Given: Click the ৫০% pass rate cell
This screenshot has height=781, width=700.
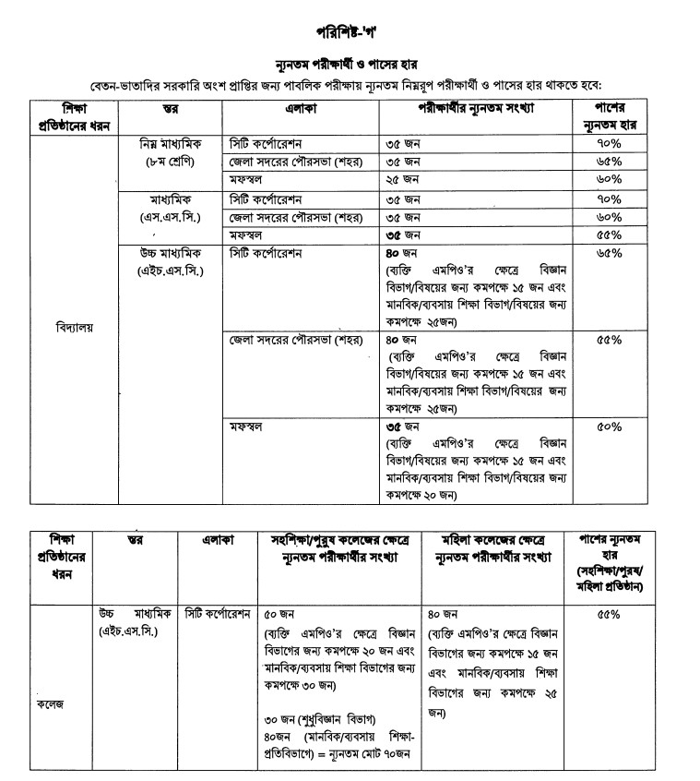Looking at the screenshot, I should coord(610,427).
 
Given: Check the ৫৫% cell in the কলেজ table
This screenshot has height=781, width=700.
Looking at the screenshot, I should coord(610,613).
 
